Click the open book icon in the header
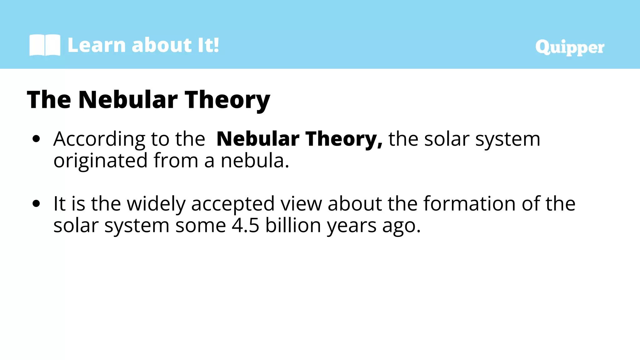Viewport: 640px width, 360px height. coord(45,45)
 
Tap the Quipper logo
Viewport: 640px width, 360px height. coord(570,47)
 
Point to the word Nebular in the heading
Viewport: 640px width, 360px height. coord(128,100)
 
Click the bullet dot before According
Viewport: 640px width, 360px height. coord(36,139)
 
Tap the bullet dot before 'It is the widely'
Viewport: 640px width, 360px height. coord(36,204)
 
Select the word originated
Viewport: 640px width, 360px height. coord(100,161)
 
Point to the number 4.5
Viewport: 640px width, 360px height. coord(245,226)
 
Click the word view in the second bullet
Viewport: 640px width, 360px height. coord(301,204)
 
